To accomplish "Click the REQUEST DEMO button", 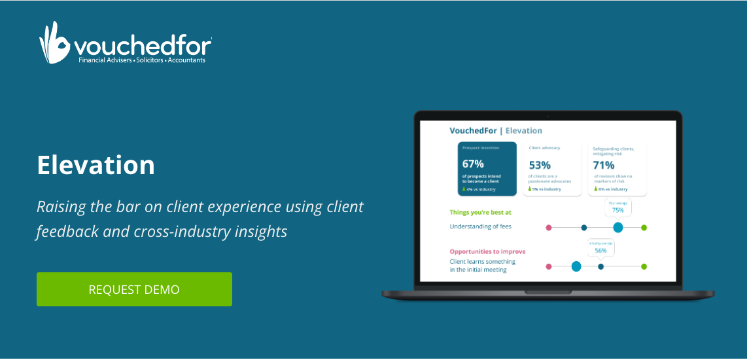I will pyautogui.click(x=134, y=289).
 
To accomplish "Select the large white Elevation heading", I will pyautogui.click(x=96, y=165).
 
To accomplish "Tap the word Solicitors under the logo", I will pyautogui.click(x=150, y=60).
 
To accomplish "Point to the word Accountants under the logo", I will pyautogui.click(x=186, y=60).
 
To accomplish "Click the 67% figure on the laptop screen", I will pyautogui.click(x=472, y=164).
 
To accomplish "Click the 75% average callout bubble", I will pyautogui.click(x=617, y=207).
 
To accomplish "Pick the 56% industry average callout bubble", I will pyautogui.click(x=600, y=247).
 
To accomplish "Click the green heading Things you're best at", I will pyautogui.click(x=481, y=212).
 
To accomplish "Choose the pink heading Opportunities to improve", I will pyautogui.click(x=487, y=251).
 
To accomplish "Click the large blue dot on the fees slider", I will pyautogui.click(x=617, y=227).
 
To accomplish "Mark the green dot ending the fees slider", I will pyautogui.click(x=644, y=227).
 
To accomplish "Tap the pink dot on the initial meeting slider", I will pyautogui.click(x=549, y=266).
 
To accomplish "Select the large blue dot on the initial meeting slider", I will pyautogui.click(x=576, y=266).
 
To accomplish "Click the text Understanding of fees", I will pyautogui.click(x=481, y=226).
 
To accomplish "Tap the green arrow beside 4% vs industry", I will pyautogui.click(x=464, y=189).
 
